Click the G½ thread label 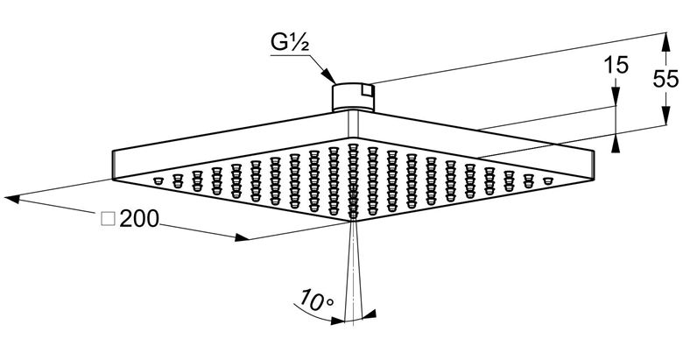(x=290, y=42)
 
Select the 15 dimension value (x=616, y=66)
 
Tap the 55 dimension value (x=665, y=80)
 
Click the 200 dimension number (x=139, y=219)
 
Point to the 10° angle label (x=316, y=299)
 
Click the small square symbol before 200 (x=108, y=219)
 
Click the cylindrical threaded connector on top (x=353, y=96)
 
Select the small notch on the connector (x=368, y=90)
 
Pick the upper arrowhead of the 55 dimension (x=665, y=42)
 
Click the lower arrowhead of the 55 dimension (x=665, y=116)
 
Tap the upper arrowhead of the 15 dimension (x=615, y=96)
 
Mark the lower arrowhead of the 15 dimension (x=615, y=143)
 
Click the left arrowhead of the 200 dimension (x=13, y=199)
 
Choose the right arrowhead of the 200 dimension (x=242, y=237)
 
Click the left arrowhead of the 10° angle (x=338, y=321)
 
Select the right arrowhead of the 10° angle (x=369, y=314)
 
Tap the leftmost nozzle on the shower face (x=158, y=180)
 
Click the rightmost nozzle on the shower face (x=547, y=180)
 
